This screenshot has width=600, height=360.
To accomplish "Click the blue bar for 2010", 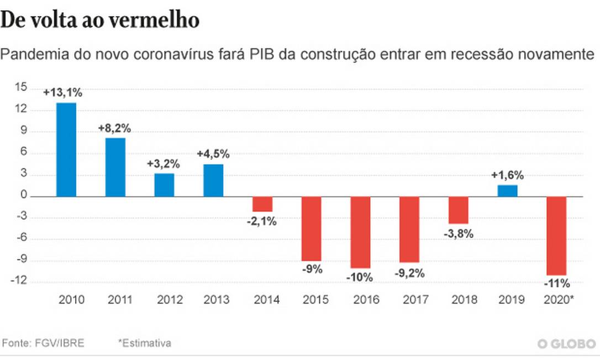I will tap(66, 150).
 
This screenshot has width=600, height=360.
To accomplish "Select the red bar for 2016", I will tap(360, 232).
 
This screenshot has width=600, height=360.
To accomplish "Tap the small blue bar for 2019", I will tap(508, 191).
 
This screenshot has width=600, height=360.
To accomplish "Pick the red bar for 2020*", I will tap(557, 235).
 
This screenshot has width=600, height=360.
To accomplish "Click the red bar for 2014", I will tap(262, 204).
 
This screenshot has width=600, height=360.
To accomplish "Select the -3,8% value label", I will tap(459, 233).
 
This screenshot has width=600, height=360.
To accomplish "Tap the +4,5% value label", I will tap(214, 155).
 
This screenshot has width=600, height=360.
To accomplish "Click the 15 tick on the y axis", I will tap(22, 88).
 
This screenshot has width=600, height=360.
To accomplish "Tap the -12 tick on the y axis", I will tap(20, 281).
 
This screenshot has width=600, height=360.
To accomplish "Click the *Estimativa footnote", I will tap(144, 343).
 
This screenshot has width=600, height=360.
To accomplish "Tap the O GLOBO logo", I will tap(566, 344).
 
